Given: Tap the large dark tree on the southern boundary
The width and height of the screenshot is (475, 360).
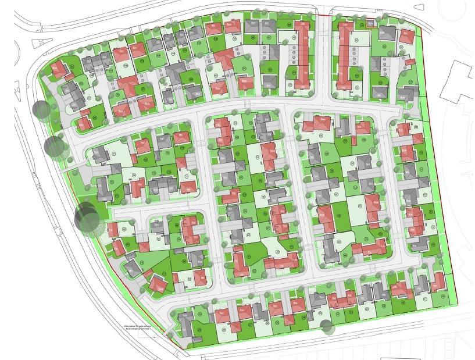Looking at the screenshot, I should click(326, 327).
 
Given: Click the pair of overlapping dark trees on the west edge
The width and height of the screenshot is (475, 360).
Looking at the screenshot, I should click(87, 218).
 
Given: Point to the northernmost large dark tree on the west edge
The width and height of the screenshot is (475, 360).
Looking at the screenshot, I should click(41, 109).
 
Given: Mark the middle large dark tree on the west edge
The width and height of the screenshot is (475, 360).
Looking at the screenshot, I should click(55, 147).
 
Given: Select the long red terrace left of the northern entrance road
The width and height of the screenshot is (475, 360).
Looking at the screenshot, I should click(302, 55).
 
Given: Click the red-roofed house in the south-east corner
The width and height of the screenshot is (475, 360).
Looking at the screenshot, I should click(437, 281).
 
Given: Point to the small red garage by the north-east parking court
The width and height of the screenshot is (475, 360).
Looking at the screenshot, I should click(408, 61).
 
